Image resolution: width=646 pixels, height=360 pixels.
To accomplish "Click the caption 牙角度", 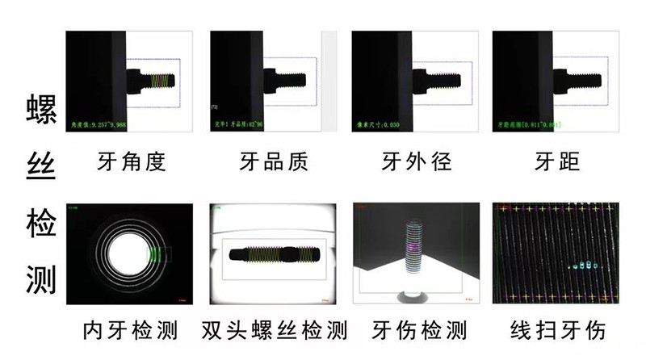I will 130,162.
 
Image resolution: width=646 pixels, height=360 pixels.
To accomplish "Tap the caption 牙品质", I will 273,162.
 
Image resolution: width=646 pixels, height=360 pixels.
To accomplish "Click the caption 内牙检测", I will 130,331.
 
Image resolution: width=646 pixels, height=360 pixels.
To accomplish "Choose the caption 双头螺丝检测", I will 273,331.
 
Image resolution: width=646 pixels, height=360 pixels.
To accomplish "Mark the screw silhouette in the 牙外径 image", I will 432,79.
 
